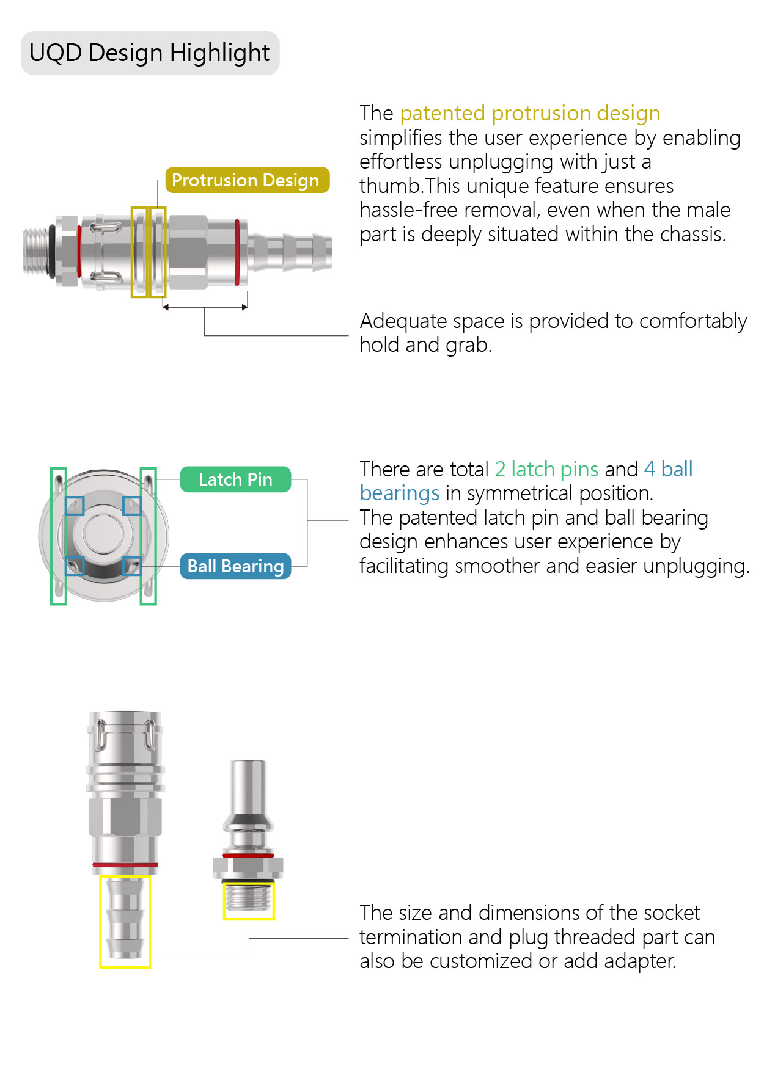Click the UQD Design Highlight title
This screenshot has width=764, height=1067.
point(150,53)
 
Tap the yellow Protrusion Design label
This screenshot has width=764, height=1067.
point(245,180)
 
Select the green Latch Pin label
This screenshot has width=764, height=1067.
point(235,479)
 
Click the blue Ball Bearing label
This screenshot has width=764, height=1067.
point(235,566)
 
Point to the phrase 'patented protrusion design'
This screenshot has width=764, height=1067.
point(530,114)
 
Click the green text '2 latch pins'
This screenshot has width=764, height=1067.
point(546,469)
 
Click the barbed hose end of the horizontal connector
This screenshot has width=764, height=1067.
point(290,250)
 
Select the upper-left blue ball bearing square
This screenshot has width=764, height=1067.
point(75,506)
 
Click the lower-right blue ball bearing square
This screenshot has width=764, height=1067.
point(132,566)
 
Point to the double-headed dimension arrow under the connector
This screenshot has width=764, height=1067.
point(205,307)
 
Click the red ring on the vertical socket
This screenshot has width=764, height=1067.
point(125,865)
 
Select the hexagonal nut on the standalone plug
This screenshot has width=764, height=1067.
point(248,867)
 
